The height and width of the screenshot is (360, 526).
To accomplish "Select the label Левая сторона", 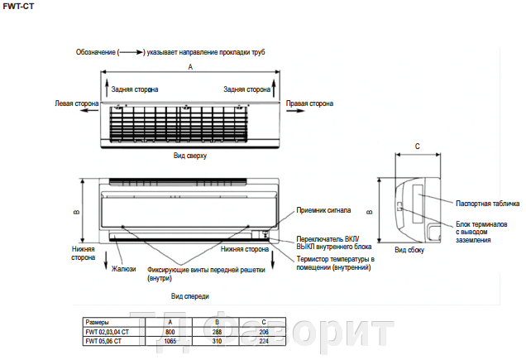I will click(76, 104).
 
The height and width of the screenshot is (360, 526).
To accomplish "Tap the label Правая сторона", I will click(309, 104).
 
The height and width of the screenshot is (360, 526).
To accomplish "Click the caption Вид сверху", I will click(189, 155).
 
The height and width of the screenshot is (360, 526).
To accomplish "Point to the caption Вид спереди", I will click(189, 295).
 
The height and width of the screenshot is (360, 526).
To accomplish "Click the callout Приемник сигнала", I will click(323, 210).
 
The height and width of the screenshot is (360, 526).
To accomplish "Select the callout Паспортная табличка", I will click(487, 203).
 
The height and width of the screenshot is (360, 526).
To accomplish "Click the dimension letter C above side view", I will click(417, 146).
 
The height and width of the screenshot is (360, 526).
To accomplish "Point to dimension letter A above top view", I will click(190, 65).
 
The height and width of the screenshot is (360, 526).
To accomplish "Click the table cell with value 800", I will click(170, 331).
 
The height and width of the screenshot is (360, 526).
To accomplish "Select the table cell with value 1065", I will click(170, 340).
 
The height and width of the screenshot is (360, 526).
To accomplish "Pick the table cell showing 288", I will click(217, 331).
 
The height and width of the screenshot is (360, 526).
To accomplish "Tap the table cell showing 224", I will click(263, 340).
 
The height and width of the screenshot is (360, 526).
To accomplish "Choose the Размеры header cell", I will click(97, 321).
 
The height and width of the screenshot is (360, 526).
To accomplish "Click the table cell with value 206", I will click(263, 331).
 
